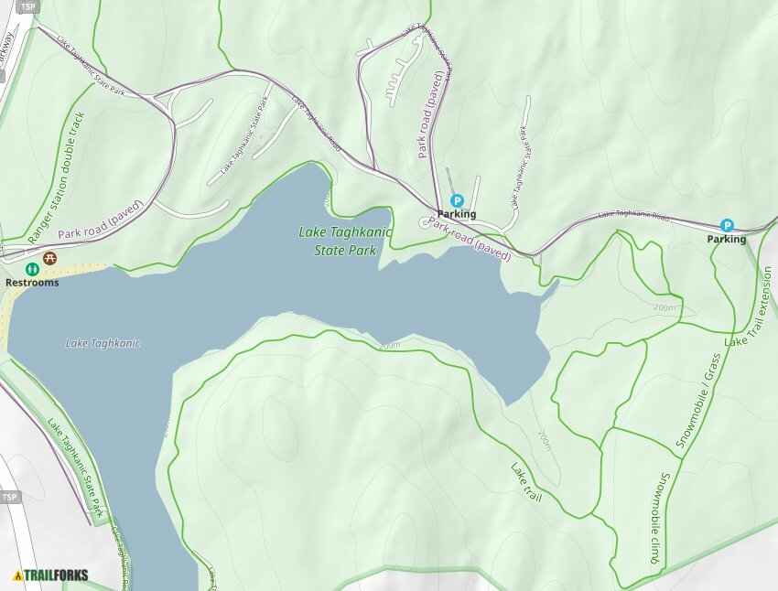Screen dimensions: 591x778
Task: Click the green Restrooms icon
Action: point(32,269)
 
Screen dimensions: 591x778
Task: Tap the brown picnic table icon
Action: point(50,259)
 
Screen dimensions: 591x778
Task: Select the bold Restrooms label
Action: point(32,283)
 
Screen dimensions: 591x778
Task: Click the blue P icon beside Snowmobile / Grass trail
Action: point(727,225)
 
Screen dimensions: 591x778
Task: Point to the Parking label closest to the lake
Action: point(457,214)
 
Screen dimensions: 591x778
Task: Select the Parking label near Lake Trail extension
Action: point(726,239)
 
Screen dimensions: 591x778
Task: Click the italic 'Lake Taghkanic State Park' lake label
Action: point(345,241)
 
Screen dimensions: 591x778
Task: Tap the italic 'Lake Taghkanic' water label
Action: point(103,343)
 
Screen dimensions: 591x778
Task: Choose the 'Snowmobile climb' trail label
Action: point(656,518)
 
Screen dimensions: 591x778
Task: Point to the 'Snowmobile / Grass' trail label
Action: point(699,400)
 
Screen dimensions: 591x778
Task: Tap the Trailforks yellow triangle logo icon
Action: point(17,575)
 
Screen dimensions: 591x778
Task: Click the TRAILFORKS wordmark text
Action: point(56,575)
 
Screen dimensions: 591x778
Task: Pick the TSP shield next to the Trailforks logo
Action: point(9,497)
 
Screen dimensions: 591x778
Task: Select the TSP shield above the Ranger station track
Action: point(27,6)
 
